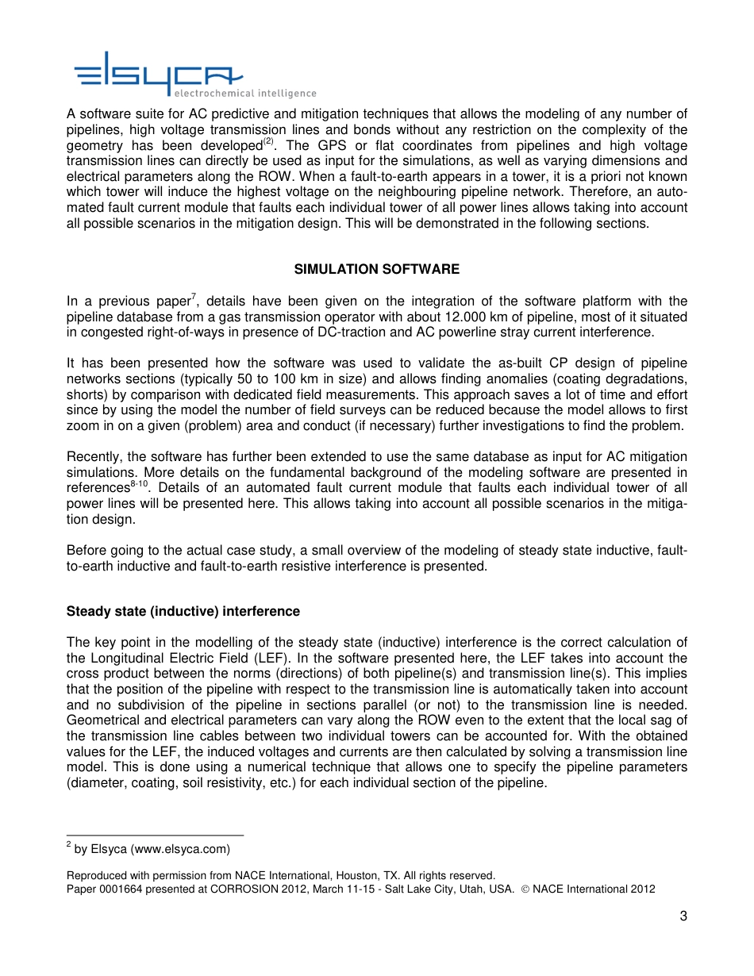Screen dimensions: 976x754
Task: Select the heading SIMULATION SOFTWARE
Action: click(x=376, y=269)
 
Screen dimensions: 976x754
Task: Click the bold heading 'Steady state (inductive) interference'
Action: click(x=183, y=611)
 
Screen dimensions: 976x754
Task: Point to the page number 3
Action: click(x=683, y=917)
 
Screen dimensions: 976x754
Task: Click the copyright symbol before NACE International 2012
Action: click(x=524, y=889)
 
